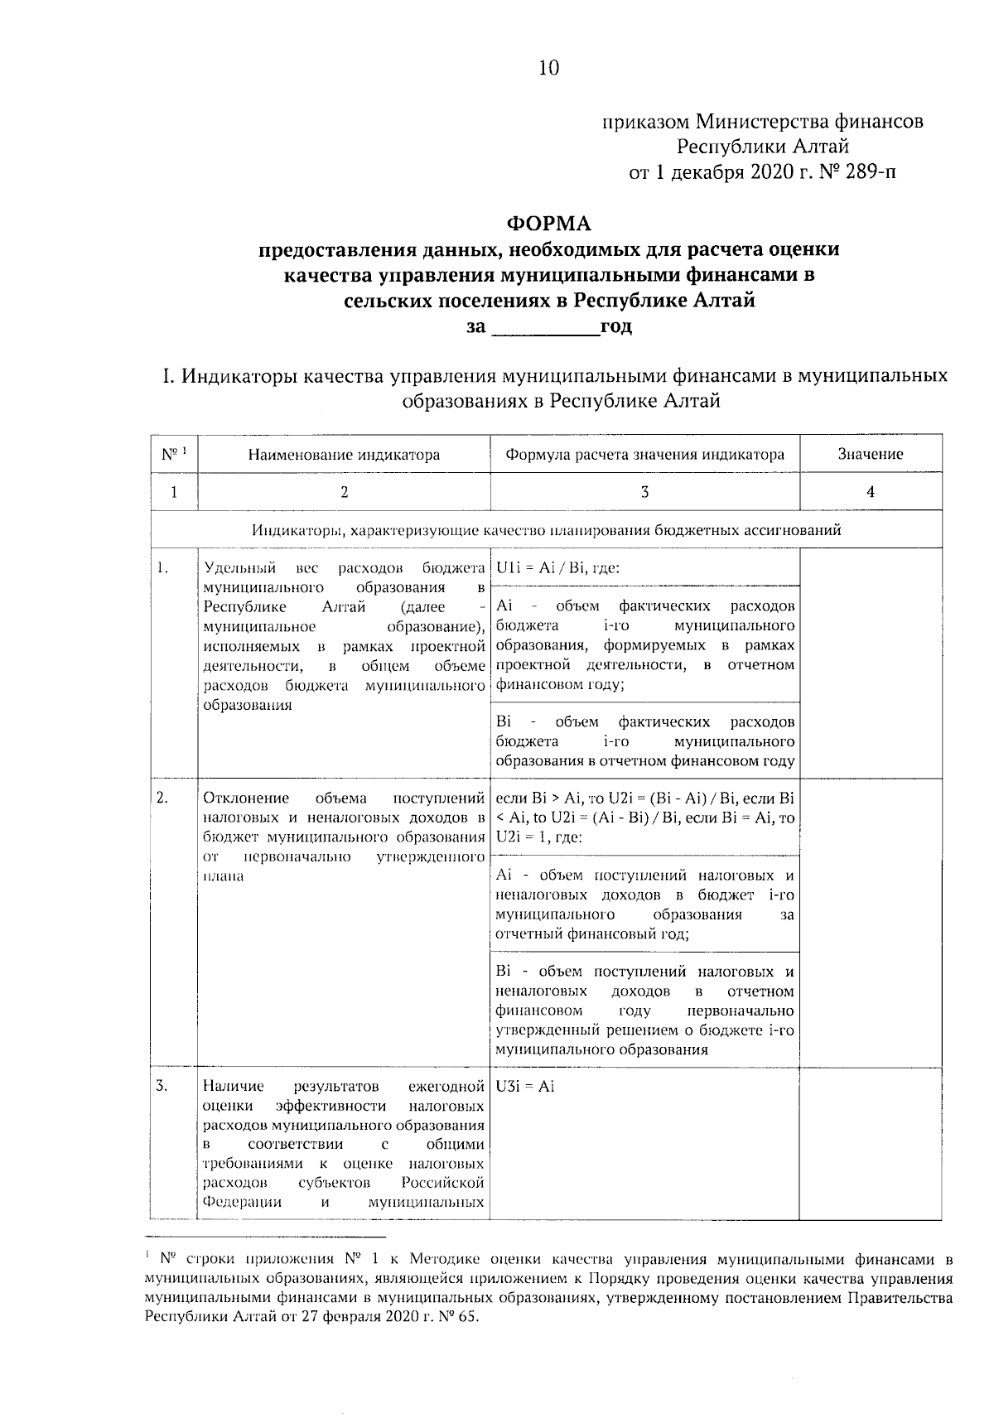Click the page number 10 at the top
(549, 68)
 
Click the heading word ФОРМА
(549, 224)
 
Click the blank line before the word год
(546, 326)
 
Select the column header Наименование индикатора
(344, 454)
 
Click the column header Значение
(870, 454)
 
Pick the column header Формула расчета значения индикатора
(644, 454)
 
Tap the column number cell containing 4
(870, 491)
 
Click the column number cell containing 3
(644, 491)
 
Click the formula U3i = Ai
(525, 1086)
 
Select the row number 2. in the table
(162, 798)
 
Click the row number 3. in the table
(162, 1086)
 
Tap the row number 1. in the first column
(162, 567)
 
